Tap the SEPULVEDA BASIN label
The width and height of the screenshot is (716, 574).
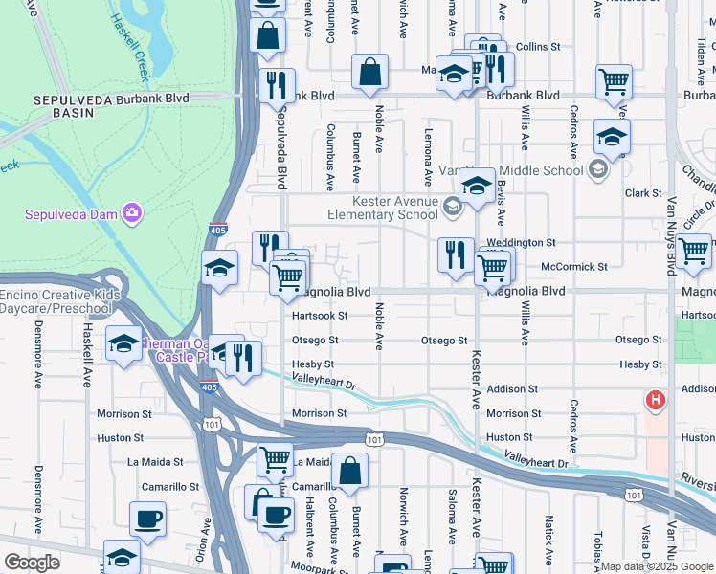[65, 105]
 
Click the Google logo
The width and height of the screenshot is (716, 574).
[32, 563]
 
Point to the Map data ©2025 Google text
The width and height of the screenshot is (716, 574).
[657, 566]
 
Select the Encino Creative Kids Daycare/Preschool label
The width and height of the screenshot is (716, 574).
[60, 302]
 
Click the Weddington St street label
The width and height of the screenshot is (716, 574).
[521, 243]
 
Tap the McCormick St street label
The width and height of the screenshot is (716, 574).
[569, 266]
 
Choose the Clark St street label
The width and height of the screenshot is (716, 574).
[638, 193]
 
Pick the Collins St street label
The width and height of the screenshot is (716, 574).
[537, 46]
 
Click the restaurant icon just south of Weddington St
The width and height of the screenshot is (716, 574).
[456, 254]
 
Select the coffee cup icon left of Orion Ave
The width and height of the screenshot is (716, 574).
[147, 519]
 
